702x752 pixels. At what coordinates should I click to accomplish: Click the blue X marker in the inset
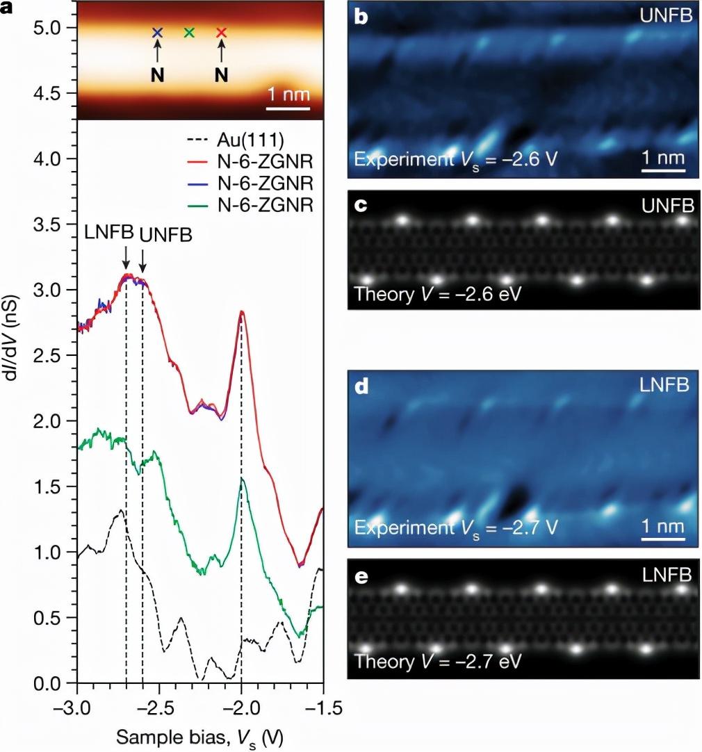[157, 33]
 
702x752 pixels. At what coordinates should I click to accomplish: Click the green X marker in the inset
[189, 33]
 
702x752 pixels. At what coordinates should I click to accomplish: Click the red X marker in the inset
[221, 33]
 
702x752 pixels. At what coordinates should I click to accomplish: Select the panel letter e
[361, 576]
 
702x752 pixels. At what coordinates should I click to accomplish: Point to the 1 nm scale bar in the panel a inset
[289, 108]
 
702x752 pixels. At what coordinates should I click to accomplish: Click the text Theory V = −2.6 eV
[438, 293]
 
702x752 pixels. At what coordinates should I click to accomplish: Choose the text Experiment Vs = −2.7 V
[456, 527]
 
